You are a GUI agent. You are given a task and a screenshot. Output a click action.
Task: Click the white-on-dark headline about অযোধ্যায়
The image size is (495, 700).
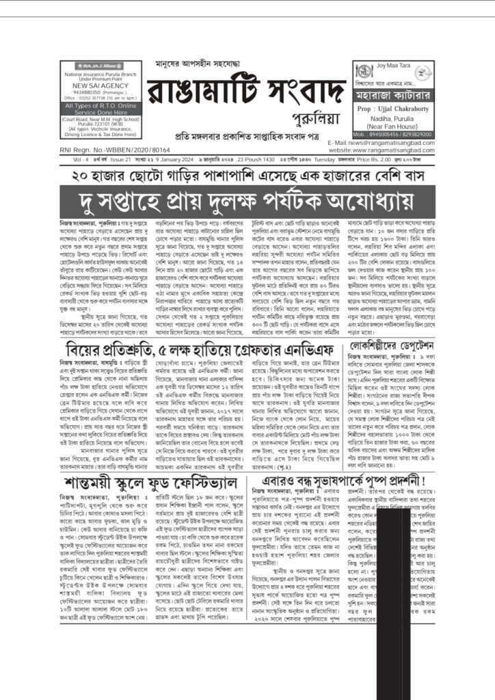(x=247, y=201)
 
